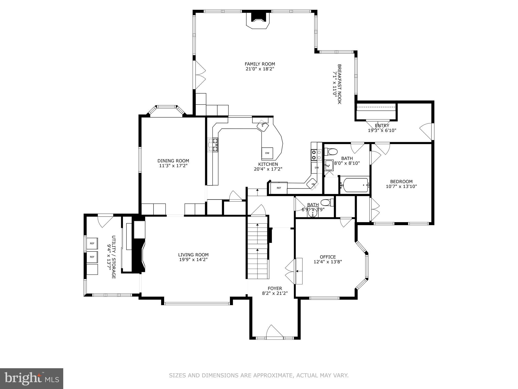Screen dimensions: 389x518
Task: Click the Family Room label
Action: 260,64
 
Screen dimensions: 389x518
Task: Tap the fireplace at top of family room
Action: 258,21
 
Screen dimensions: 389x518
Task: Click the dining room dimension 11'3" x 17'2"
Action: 173,166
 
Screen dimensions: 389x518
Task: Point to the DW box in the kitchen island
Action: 267,153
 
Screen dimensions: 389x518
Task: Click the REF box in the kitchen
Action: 279,188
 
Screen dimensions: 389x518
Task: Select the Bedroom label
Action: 401,181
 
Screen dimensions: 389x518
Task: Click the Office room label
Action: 328,257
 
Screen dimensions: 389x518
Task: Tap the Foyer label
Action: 275,288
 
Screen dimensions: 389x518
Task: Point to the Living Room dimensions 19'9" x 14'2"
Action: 193,260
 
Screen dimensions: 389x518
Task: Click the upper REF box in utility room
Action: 92,243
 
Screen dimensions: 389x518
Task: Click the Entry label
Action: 382,125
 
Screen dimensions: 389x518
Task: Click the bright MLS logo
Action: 32,378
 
